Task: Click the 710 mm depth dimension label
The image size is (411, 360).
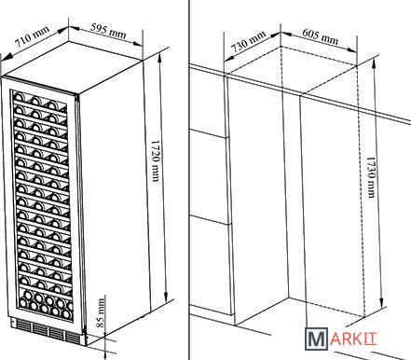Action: click(x=33, y=35)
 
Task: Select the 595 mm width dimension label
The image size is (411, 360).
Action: click(x=108, y=31)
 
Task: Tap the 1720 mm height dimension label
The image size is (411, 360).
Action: click(x=155, y=160)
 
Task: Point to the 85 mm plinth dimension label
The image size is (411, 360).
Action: click(x=101, y=312)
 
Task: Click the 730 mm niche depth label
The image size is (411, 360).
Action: click(x=249, y=41)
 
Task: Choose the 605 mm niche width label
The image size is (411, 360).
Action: click(x=320, y=36)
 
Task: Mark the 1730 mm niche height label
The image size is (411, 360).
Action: click(x=371, y=177)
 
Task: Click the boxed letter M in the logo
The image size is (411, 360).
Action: click(x=317, y=339)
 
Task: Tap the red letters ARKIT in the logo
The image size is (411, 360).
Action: click(x=354, y=339)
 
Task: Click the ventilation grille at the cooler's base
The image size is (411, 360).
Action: click(x=46, y=330)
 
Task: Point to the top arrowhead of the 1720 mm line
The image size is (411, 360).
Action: click(x=159, y=56)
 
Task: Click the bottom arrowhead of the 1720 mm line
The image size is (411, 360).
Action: click(x=166, y=296)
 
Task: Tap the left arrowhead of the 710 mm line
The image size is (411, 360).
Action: click(x=7, y=56)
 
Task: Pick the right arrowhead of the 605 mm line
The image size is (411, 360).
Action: click(x=352, y=49)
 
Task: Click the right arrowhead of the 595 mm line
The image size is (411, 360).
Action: click(x=138, y=44)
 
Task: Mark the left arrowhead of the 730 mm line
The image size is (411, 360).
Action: click(x=228, y=58)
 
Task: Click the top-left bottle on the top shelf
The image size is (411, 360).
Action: click(x=19, y=96)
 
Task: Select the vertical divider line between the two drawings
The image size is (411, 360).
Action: click(x=189, y=180)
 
